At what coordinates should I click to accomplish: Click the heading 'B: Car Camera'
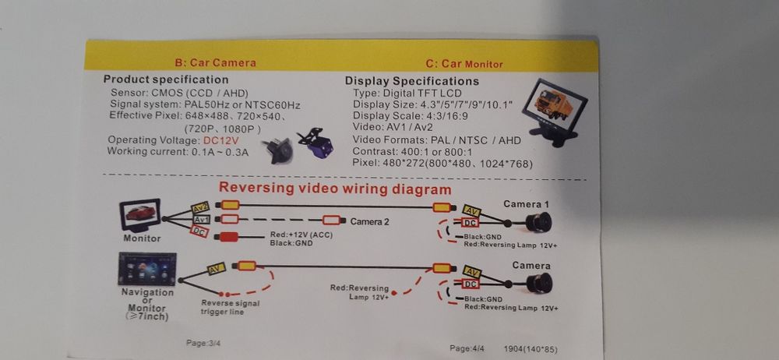click(216, 63)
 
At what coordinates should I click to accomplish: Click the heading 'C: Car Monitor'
click(464, 64)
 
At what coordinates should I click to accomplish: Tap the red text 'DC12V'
click(221, 141)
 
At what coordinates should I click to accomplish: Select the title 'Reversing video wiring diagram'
click(335, 189)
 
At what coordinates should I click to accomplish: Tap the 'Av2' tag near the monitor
click(200, 208)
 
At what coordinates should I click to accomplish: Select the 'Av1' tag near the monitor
click(201, 219)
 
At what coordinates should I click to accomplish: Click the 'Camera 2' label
click(369, 221)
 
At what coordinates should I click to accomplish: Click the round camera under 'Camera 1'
click(538, 222)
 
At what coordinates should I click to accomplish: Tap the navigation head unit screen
click(147, 269)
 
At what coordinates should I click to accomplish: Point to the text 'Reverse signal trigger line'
click(230, 307)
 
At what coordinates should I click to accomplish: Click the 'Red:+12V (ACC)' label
click(301, 235)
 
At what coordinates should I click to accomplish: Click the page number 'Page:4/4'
click(467, 348)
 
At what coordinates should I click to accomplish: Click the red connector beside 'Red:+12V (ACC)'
click(228, 237)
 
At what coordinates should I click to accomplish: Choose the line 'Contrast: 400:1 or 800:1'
click(412, 152)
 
